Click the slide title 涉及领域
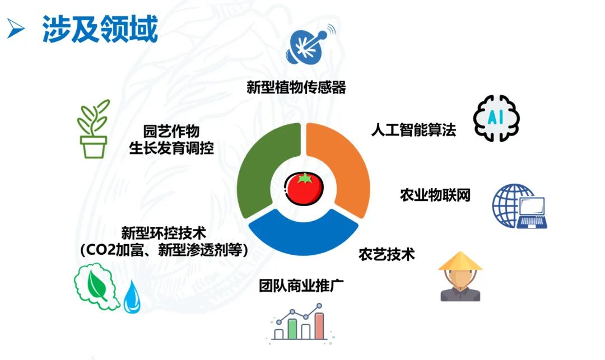click(100, 29)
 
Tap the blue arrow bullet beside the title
click(16, 29)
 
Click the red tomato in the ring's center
click(304, 189)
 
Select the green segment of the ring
click(255, 168)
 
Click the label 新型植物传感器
click(296, 87)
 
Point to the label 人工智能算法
click(413, 130)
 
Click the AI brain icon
click(496, 118)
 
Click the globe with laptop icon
click(518, 205)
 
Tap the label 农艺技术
click(387, 254)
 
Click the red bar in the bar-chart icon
click(319, 326)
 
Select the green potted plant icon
click(93, 129)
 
